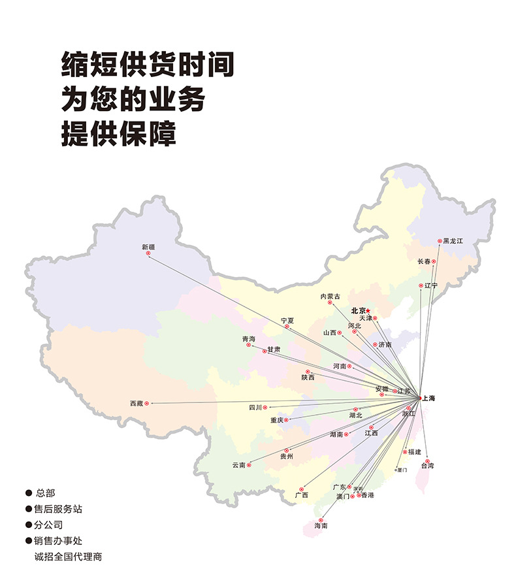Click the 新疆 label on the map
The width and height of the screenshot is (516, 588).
point(148,246)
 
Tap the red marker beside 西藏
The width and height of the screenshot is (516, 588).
point(146,404)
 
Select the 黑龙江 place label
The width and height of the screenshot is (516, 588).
point(453,241)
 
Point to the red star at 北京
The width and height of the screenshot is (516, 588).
point(368,310)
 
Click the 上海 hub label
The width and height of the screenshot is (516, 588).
point(429,397)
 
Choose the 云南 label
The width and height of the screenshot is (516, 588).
point(238,465)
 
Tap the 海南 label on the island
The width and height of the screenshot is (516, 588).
point(321,525)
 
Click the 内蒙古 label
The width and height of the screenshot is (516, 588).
point(330,297)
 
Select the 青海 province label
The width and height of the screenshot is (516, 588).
point(249,339)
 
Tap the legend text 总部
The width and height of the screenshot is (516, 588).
point(46,492)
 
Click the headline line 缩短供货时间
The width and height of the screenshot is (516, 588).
point(147,65)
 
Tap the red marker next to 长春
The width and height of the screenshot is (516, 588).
point(434,261)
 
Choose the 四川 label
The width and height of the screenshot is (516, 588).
point(255,407)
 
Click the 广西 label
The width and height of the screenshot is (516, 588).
point(301,495)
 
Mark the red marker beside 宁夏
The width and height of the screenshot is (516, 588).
point(286,327)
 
